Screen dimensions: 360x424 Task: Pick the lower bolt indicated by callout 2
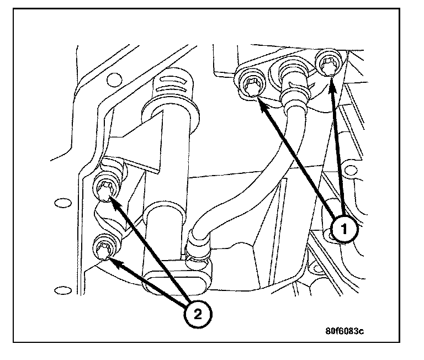103,248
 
